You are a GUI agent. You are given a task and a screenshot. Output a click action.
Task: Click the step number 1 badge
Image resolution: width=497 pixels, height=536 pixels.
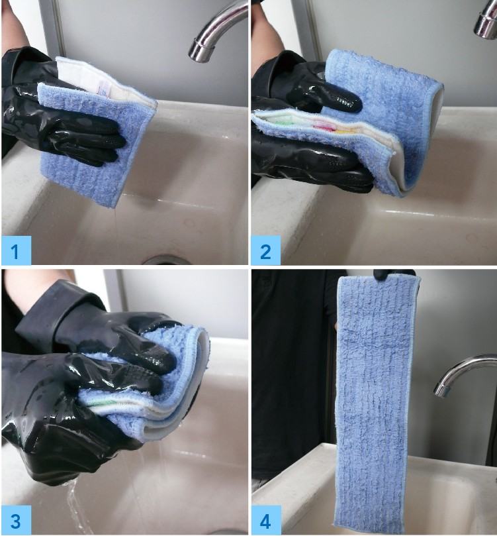pos(16,250)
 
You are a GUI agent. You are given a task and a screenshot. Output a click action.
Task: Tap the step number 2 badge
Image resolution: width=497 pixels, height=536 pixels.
pos(265,250)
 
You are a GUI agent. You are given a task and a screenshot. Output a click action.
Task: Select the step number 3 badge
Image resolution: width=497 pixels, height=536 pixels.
pos(17,520)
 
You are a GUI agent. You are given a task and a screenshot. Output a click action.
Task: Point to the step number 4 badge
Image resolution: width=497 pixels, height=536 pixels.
pos(266,520)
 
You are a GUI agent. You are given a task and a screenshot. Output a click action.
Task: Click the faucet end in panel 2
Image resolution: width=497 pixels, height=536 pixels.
pos(484,23)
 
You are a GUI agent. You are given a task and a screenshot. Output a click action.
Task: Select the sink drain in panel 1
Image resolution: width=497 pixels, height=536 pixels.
pos(166,260)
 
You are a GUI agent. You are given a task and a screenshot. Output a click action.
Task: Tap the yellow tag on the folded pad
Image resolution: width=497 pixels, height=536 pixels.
pos(344,131)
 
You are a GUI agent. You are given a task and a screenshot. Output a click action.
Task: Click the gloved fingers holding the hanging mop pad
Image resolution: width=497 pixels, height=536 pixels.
pos(392,274)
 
